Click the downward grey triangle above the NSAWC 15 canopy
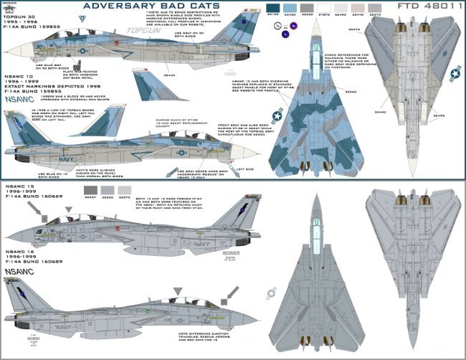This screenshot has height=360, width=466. [x=68, y=210]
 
